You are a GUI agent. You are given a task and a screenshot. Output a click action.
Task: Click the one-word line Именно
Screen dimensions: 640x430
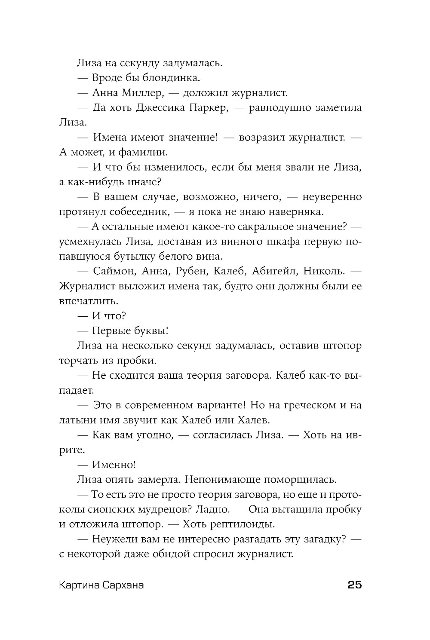click(x=114, y=465)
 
